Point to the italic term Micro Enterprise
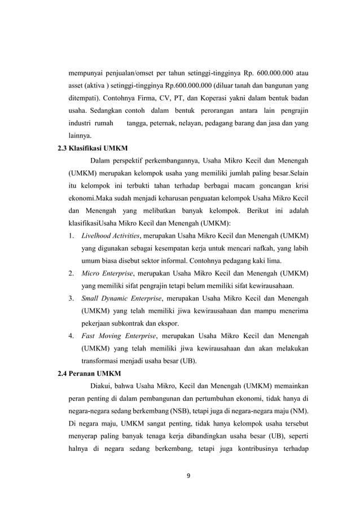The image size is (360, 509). click(105, 274)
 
